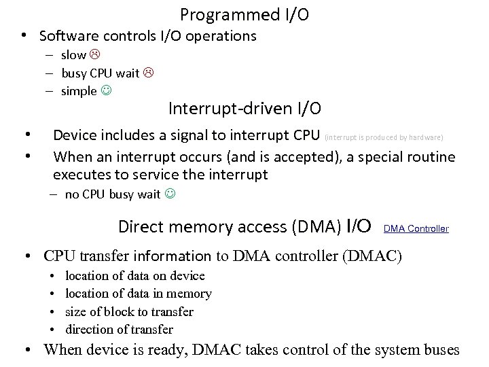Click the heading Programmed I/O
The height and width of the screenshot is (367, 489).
tap(244, 14)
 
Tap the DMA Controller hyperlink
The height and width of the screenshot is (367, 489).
tap(416, 229)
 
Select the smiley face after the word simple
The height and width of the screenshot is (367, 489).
tap(105, 91)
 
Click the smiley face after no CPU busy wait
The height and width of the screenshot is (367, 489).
tap(169, 195)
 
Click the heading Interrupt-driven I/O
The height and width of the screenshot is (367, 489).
tap(244, 108)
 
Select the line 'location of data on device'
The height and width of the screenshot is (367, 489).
tap(134, 276)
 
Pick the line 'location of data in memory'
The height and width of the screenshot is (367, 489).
tap(138, 294)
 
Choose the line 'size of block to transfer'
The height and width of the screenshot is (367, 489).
tap(129, 312)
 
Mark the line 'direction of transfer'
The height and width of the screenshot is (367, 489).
tap(119, 330)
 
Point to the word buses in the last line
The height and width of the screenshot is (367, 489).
tap(439, 351)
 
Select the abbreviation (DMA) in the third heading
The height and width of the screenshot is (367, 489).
tap(316, 227)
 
